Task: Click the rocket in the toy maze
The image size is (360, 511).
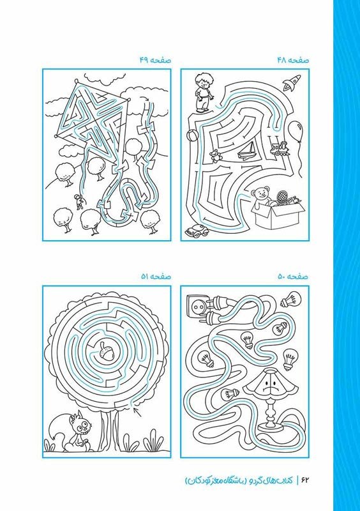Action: [292, 82]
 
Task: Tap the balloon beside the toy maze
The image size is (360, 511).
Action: [295, 131]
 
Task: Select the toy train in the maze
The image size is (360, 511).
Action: [280, 148]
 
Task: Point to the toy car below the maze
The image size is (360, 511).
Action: [197, 231]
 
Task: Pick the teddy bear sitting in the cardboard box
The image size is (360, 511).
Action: [262, 197]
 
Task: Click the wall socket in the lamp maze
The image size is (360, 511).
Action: [197, 305]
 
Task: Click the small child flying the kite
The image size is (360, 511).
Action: [79, 202]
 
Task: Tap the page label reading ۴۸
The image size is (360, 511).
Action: [281, 60]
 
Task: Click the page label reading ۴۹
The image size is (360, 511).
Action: [144, 60]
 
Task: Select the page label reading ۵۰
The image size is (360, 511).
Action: [282, 277]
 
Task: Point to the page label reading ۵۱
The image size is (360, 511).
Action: [145, 277]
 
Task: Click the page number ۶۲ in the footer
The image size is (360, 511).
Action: [304, 480]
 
